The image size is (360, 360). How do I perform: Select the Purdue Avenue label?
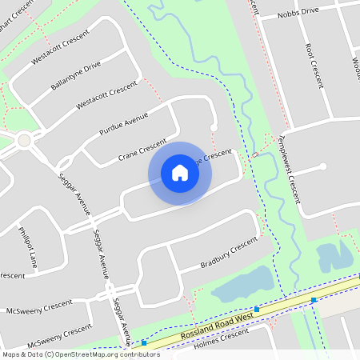(124, 123)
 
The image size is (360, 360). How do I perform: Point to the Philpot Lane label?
(29, 250)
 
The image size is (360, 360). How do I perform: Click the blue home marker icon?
(180, 173)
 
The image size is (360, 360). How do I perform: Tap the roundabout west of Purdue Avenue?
(24, 140)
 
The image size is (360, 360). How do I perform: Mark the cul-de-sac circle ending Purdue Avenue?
(214, 128)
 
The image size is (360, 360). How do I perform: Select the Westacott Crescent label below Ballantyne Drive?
(106, 96)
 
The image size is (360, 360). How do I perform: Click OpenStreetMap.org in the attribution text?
(88, 354)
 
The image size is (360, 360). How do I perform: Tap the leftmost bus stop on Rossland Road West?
(144, 342)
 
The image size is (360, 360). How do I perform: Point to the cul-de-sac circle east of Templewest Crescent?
(323, 166)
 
